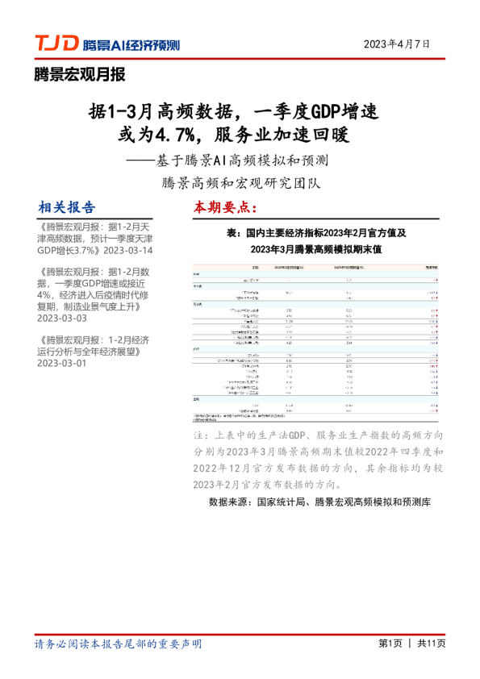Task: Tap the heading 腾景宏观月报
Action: (80, 76)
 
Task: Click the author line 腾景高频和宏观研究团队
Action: (241, 182)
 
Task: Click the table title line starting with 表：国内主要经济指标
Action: (315, 232)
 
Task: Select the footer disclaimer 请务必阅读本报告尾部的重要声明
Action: (118, 644)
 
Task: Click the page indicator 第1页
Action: (390, 644)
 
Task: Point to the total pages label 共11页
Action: (431, 644)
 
